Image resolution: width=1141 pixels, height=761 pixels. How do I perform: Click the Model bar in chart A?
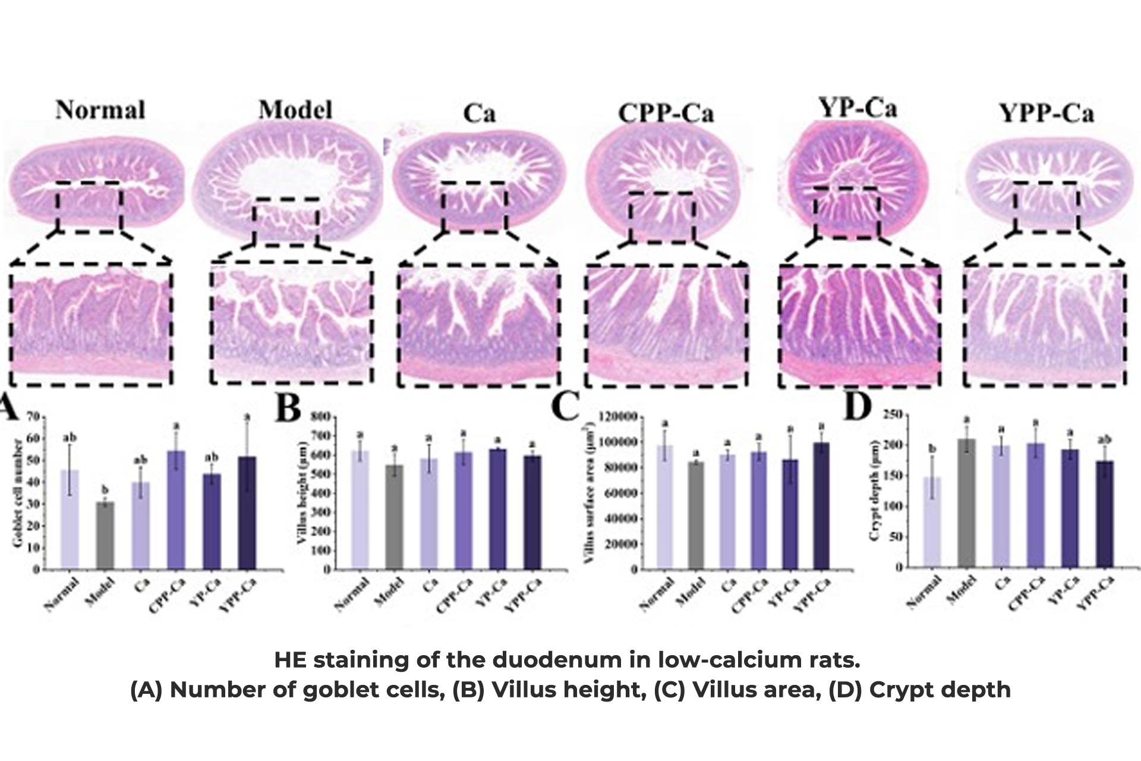[105, 535]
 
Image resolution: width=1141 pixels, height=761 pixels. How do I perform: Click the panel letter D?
[858, 407]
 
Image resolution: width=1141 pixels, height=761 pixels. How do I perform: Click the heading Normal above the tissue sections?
[100, 111]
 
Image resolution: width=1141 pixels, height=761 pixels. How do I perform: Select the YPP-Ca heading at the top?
[1046, 112]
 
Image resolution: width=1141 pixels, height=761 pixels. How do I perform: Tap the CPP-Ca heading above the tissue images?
[666, 113]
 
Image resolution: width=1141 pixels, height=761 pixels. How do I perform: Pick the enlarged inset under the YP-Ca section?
[860, 326]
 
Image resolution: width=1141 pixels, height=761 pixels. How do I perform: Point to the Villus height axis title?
[304, 493]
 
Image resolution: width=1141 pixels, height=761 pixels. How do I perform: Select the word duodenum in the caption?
[551, 660]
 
